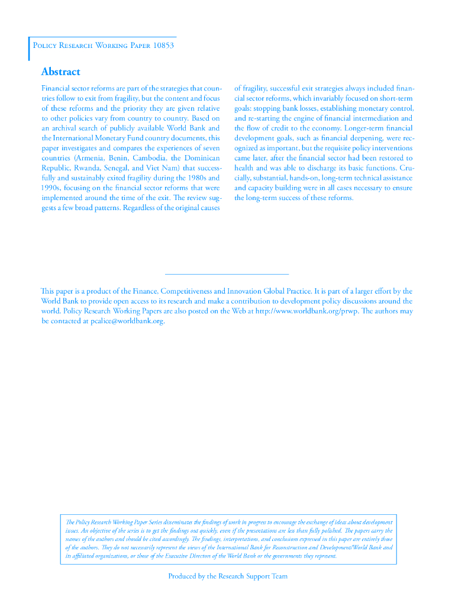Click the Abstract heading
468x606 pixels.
tap(60, 72)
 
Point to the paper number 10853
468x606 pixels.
tap(163, 46)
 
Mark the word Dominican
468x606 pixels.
tap(201, 158)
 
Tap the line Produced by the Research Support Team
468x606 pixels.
tap(228, 576)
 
